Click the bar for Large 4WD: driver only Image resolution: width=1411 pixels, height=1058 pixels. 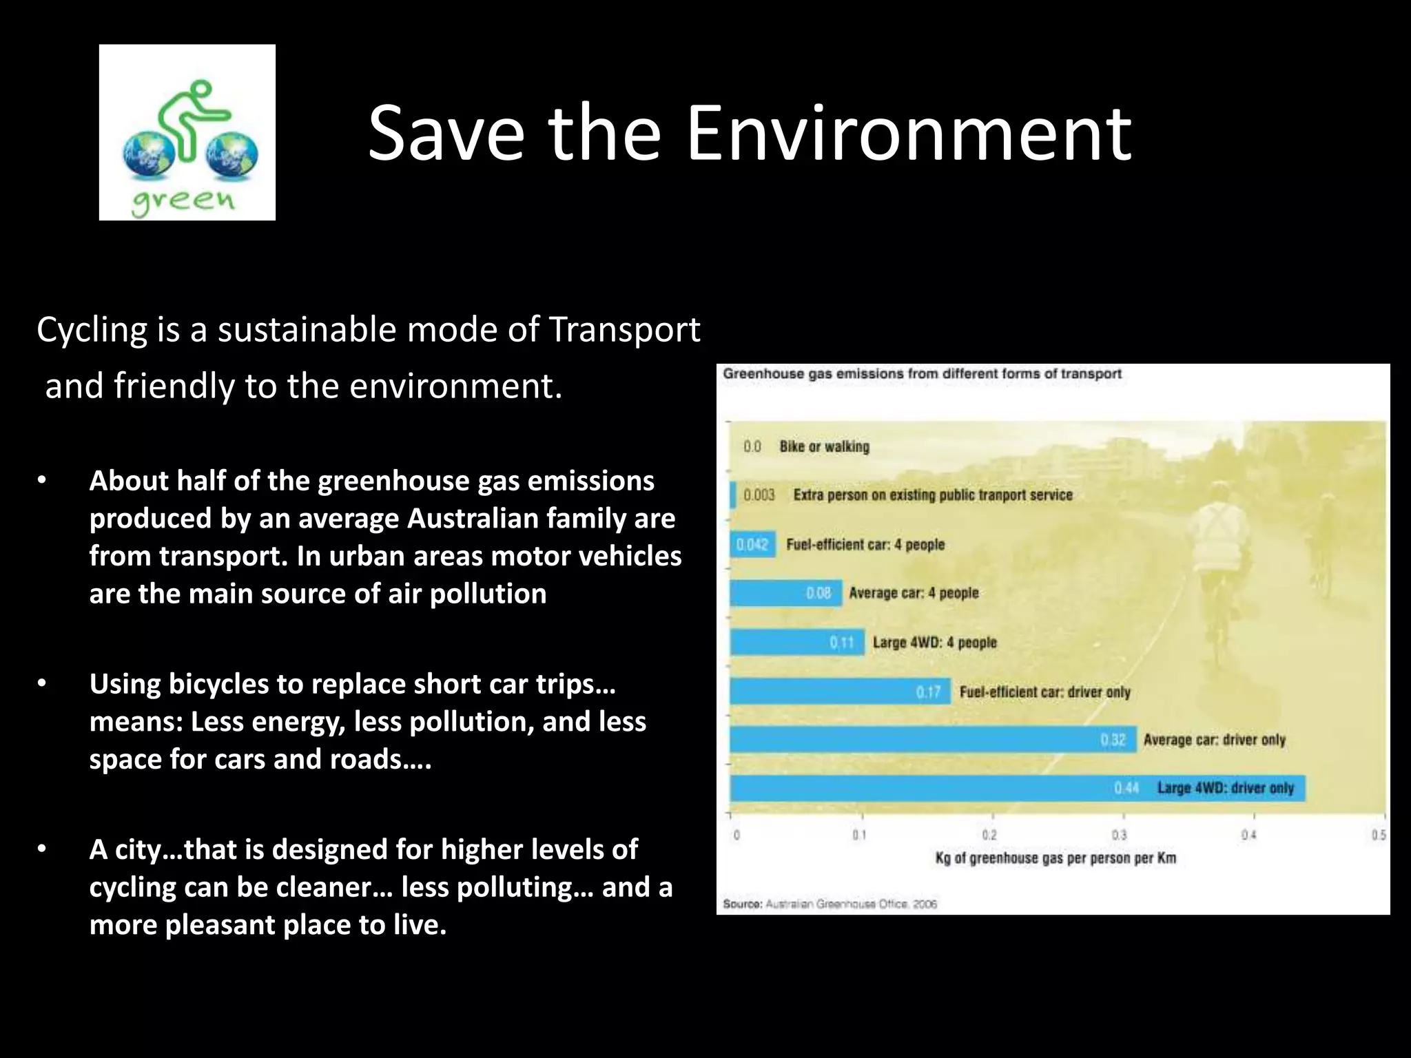point(923,788)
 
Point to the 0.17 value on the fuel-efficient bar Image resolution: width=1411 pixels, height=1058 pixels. point(927,692)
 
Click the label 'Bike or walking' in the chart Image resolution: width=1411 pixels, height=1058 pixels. point(824,446)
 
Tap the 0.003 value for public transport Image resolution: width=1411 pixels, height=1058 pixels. point(759,495)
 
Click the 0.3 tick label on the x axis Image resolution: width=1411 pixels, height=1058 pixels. point(1119,835)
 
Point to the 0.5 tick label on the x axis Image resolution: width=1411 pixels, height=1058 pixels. point(1378,835)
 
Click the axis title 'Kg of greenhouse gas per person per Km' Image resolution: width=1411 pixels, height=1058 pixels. point(1055,858)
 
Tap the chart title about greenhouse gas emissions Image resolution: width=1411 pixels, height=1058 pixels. point(922,374)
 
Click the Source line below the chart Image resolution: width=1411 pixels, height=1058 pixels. point(830,904)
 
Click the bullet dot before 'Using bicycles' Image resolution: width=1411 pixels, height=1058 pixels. point(42,684)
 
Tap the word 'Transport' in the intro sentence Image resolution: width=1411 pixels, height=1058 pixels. point(624,329)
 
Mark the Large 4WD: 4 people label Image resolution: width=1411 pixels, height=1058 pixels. point(934,643)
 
